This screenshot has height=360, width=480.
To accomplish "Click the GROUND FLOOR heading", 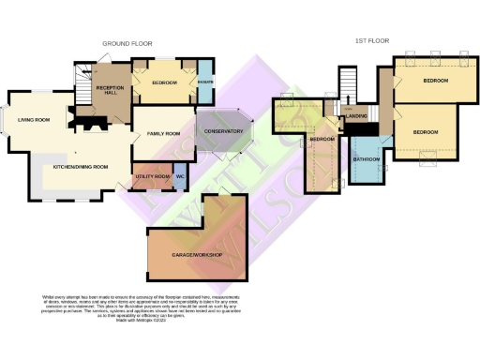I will coord(128,43).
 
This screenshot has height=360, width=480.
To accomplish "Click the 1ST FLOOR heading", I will coord(373,41).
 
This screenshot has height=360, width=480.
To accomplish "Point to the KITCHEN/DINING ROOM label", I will coord(81,166).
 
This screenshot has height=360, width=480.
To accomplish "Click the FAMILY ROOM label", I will coord(163,134).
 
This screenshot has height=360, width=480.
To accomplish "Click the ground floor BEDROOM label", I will coord(164,83).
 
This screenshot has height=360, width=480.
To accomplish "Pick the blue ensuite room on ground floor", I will coord(205,83).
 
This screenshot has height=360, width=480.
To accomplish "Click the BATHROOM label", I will coord(366,159).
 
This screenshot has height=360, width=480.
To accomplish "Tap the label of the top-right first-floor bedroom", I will coord(435,81).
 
